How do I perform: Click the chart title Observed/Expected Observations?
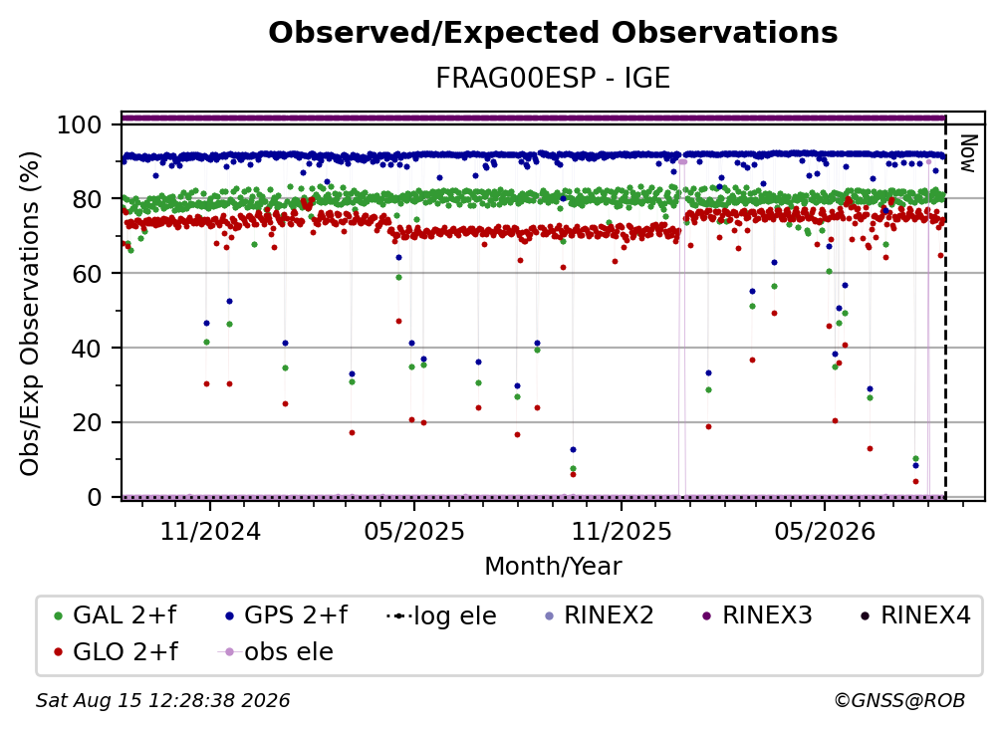553,33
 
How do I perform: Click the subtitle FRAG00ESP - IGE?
553,78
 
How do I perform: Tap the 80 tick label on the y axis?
87,199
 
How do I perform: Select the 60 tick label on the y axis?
87,273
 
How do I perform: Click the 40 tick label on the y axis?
87,349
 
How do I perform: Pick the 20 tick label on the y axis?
87,422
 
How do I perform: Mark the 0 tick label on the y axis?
95,497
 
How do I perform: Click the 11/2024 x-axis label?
210,531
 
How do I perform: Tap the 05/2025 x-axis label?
414,531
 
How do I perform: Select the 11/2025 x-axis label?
622,531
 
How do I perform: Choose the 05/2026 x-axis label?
825,531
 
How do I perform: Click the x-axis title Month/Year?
553,566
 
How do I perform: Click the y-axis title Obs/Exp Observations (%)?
30,313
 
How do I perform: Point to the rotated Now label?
967,153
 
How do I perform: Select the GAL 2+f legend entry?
116,615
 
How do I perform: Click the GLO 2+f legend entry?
116,651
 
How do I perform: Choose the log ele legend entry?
442,615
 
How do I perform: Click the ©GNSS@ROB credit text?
899,700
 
